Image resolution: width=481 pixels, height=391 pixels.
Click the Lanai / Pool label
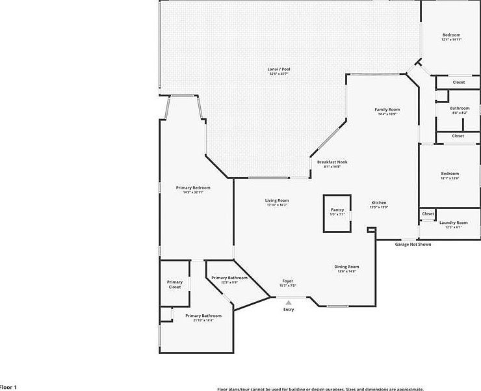click(x=278, y=69)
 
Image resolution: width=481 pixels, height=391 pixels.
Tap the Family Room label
click(x=387, y=110)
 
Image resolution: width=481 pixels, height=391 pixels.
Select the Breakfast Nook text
click(x=332, y=162)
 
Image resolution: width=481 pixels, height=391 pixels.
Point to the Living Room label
click(x=277, y=201)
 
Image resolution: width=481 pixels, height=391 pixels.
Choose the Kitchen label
click(x=379, y=204)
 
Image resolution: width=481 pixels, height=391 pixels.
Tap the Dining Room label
click(x=347, y=267)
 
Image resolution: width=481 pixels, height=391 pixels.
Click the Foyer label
click(x=287, y=282)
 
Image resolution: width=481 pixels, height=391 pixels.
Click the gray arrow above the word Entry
click(x=289, y=302)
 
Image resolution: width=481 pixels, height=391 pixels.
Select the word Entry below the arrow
click(x=289, y=310)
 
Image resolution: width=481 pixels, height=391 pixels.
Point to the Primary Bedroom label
click(x=193, y=188)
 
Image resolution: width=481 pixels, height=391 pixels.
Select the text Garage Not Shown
click(x=413, y=245)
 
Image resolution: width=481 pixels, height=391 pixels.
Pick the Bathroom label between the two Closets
click(x=460, y=109)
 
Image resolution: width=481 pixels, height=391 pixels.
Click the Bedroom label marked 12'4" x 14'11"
click(x=452, y=35)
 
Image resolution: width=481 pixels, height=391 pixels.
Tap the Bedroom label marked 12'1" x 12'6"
click(x=450, y=174)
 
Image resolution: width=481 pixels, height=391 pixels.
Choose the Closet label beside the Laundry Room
click(x=428, y=213)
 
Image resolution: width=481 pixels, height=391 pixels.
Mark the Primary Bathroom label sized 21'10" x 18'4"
click(x=203, y=317)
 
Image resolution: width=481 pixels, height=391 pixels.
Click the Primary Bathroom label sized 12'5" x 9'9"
click(x=229, y=278)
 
